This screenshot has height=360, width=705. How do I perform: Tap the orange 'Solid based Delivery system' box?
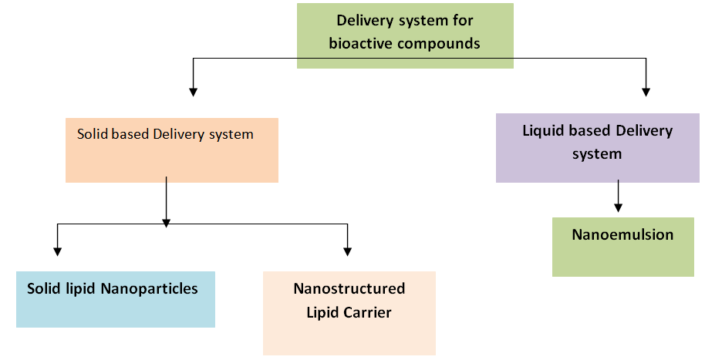pyautogui.click(x=171, y=150)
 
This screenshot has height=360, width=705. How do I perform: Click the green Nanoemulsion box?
pyautogui.click(x=622, y=247)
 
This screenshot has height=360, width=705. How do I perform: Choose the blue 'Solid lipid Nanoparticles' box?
pyautogui.click(x=115, y=299)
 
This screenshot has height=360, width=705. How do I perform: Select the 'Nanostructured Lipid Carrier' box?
pyautogui.click(x=349, y=312)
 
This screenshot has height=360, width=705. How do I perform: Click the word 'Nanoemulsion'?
pyautogui.click(x=622, y=234)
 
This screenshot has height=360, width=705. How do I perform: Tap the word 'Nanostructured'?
pyautogui.click(x=349, y=289)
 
